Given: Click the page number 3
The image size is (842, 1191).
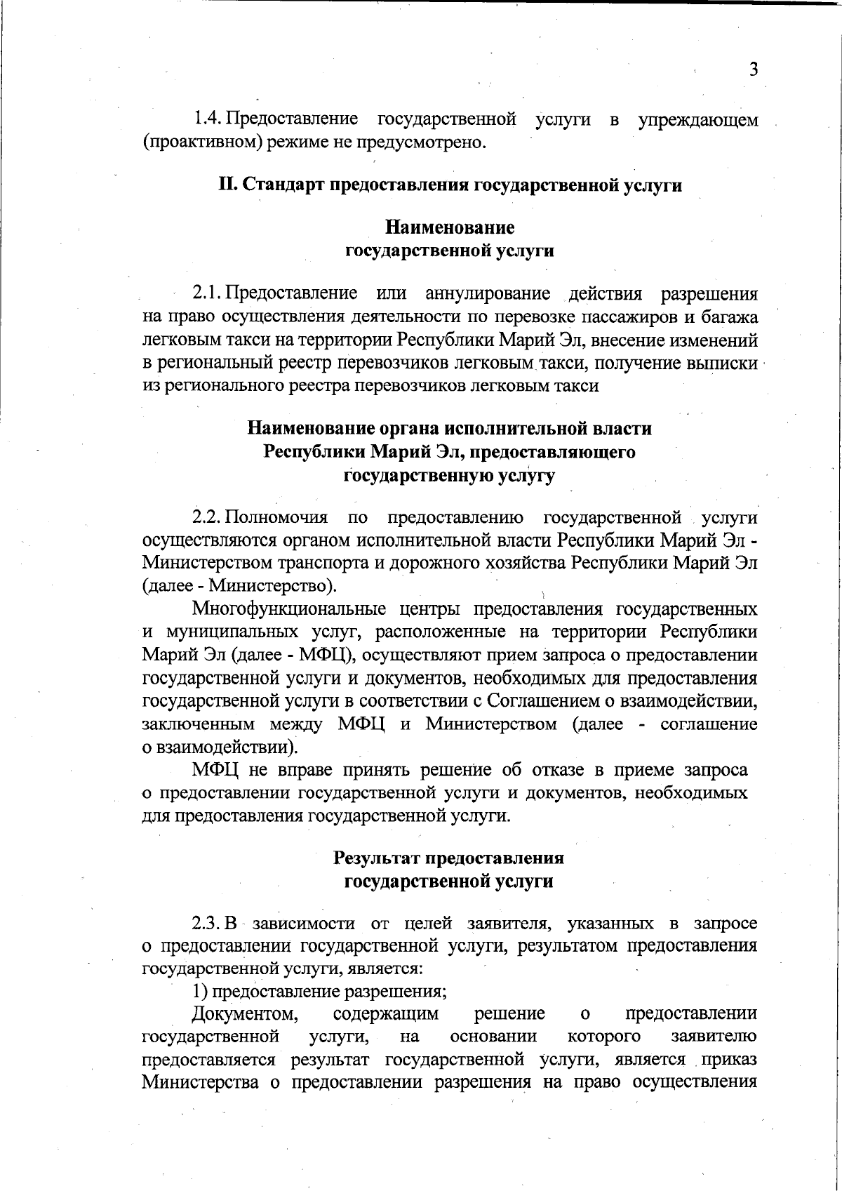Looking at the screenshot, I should (753, 69).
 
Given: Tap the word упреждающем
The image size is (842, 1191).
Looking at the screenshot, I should (697, 120).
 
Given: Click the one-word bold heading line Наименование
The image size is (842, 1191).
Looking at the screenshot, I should (450, 227).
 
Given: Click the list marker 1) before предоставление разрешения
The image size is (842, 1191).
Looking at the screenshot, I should (200, 992).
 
